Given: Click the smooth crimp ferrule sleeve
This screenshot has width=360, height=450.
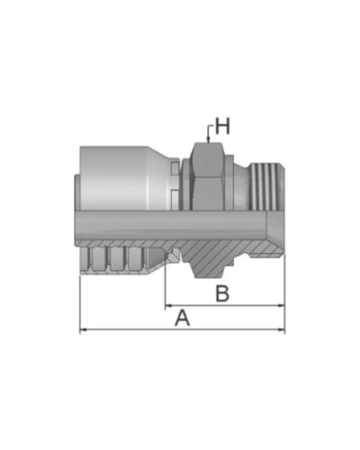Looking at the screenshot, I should pos(126,175).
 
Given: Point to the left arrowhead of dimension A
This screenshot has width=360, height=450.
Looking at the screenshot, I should pos(84,330).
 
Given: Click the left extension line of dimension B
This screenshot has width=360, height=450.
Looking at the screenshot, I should pos(165,288).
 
